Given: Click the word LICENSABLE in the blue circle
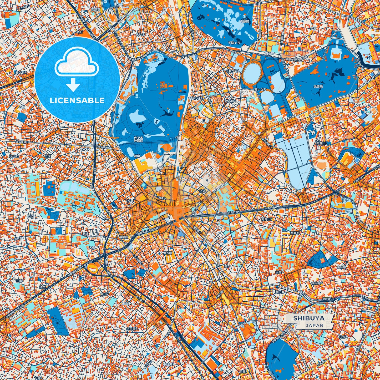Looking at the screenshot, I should pos(77,100).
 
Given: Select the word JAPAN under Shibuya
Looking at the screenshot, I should pos(315,325).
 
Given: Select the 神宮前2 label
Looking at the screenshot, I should pos(230,100).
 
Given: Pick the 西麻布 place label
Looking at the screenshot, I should pos(295,233).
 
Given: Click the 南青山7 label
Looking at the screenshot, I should pos(267,219).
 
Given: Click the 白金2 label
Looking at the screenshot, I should pos(343,336).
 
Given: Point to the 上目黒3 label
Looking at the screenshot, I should pos(132,328).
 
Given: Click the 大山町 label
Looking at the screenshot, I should pos(13,156).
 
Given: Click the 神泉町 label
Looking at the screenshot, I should pos(123,237).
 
